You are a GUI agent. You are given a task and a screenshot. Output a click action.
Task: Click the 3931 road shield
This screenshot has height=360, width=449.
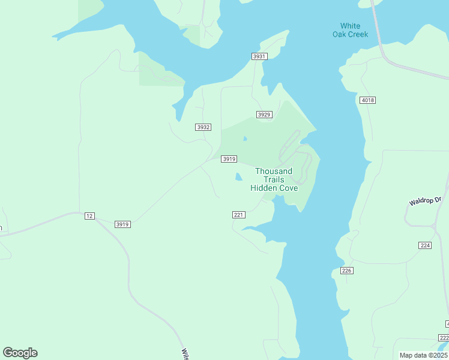(x=259, y=56)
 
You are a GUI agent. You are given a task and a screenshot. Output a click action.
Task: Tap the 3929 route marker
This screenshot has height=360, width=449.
(x=264, y=115)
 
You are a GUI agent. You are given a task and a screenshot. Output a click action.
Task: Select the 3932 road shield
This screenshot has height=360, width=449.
(x=203, y=127)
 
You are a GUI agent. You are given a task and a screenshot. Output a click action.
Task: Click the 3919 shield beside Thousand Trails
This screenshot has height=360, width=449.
(x=229, y=159)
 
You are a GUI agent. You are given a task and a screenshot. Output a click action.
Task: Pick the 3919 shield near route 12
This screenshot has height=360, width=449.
(x=122, y=224)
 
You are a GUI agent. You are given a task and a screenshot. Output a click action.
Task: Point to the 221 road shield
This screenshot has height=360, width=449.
(x=238, y=215)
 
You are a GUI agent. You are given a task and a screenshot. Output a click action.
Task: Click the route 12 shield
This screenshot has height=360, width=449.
(x=89, y=216)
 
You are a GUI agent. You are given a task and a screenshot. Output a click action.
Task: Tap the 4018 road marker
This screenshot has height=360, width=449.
(x=368, y=100)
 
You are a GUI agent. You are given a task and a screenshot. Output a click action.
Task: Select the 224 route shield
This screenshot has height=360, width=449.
(x=426, y=245)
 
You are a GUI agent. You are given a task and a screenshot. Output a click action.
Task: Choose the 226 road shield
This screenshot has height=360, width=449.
(x=346, y=271)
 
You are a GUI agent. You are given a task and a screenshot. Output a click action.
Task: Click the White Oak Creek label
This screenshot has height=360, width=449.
(x=350, y=30)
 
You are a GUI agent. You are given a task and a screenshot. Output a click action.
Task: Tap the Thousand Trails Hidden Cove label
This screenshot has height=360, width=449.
(x=274, y=179)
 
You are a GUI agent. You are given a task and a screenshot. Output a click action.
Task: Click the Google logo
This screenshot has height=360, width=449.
(x=20, y=353)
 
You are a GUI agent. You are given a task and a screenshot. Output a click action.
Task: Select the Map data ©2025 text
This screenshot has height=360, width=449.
(x=423, y=355)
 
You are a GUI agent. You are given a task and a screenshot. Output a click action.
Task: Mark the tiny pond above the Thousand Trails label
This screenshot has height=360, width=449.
(x=244, y=139)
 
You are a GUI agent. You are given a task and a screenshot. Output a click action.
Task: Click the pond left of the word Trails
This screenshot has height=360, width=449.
(x=238, y=177)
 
